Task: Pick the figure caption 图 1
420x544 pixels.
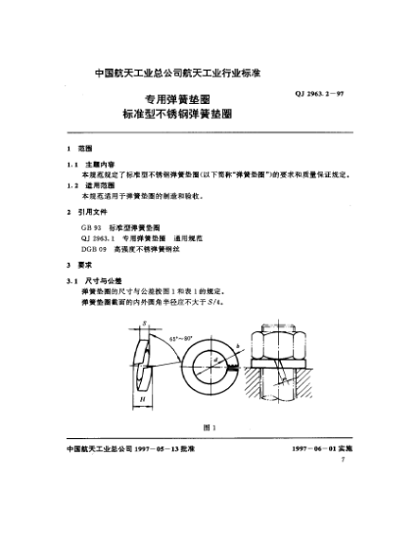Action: (x=208, y=426)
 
